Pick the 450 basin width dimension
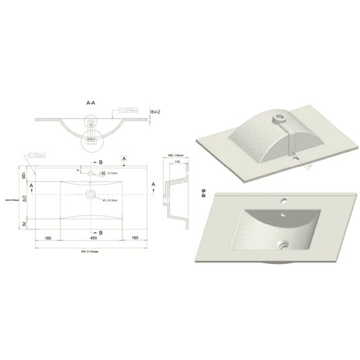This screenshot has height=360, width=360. (x=89, y=238)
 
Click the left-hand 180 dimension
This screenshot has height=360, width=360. (x=48, y=238)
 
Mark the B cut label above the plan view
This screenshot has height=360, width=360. (x=100, y=163)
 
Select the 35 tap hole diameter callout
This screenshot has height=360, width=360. (x=102, y=173)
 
